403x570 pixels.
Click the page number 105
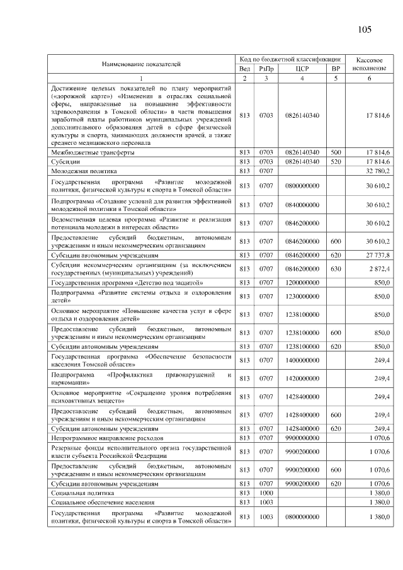(365, 30)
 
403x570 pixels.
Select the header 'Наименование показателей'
(142, 64)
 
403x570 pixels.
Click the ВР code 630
(336, 269)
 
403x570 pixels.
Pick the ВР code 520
(336, 161)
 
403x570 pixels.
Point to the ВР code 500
(336, 152)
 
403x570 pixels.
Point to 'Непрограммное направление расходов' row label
(108, 436)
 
